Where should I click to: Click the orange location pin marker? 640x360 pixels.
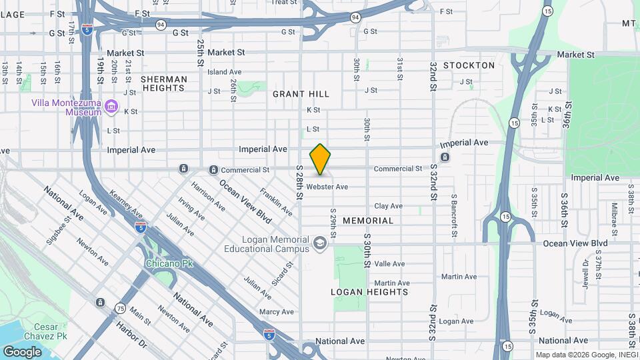[x=320, y=159]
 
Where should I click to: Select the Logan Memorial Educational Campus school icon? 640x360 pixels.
[x=320, y=244]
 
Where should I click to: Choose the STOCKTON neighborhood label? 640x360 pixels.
[x=469, y=65]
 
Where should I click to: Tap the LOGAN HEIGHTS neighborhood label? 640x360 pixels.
[x=369, y=292]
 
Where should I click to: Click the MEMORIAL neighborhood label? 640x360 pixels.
[x=368, y=220]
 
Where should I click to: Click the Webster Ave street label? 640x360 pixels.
[x=327, y=187]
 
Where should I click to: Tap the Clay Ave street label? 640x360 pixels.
[x=388, y=206]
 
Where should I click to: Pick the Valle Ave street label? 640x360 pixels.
[x=389, y=264]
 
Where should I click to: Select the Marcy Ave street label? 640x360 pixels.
[x=277, y=311]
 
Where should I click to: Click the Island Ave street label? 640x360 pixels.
[x=224, y=71]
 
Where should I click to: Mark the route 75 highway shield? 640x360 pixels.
[x=120, y=307]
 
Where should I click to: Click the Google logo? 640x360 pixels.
[x=22, y=352]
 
